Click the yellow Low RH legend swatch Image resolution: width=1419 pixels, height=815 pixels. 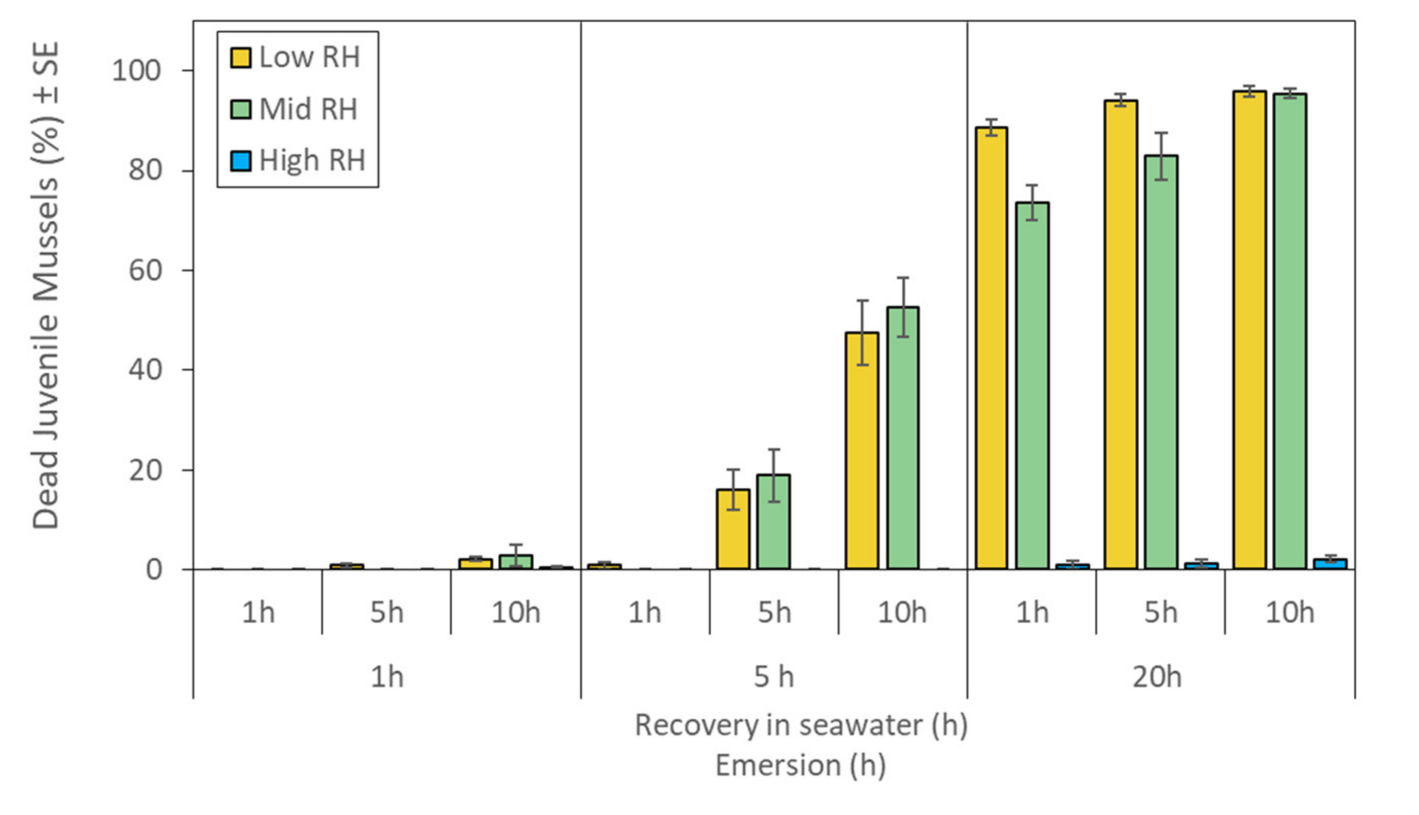pyautogui.click(x=241, y=58)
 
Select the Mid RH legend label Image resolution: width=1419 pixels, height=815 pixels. pyautogui.click(x=308, y=109)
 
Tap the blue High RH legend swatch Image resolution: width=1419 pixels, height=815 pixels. pyautogui.click(x=241, y=161)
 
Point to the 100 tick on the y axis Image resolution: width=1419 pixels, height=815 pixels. pyautogui.click(x=136, y=71)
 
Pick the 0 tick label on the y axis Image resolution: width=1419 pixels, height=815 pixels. pyautogui.click(x=154, y=570)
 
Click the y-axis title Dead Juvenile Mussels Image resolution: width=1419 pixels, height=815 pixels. pyautogui.click(x=46, y=285)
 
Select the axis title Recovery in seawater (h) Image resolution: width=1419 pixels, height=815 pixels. pyautogui.click(x=800, y=725)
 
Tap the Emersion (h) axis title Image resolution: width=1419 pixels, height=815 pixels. pyautogui.click(x=800, y=765)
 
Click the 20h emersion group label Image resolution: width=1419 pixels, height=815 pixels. pyautogui.click(x=1157, y=677)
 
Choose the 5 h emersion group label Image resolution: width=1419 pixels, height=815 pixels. pyautogui.click(x=773, y=677)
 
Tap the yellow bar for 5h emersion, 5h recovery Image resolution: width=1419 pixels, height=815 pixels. pyautogui.click(x=733, y=530)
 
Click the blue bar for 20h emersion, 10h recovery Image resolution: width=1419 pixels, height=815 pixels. pyautogui.click(x=1330, y=564)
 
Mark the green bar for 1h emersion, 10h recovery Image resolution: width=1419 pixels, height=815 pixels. pyautogui.click(x=515, y=562)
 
